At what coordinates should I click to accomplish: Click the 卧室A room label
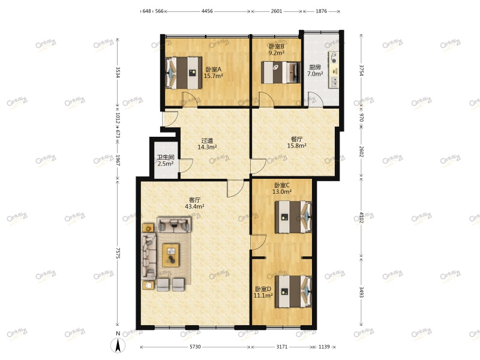214,70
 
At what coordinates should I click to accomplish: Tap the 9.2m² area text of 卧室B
277,53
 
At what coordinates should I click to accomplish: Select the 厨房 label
315,67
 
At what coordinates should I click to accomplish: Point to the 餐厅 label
296,139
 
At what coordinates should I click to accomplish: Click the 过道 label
207,140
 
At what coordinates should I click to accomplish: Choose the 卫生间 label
166,157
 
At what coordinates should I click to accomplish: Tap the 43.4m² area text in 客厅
194,206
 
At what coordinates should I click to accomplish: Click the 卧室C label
282,185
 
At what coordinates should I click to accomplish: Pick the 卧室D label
263,289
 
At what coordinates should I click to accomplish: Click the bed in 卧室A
184,73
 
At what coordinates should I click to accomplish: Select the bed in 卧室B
281,73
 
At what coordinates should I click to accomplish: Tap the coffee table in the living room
171,256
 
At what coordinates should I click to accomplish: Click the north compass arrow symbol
118,346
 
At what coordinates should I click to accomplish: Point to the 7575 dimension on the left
118,253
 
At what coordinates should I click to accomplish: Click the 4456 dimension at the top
207,11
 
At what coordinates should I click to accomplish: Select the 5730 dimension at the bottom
196,347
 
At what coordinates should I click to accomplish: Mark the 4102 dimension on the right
361,217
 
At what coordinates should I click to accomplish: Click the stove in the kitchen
334,58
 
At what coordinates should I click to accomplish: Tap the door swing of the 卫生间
186,166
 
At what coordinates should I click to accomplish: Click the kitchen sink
334,82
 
